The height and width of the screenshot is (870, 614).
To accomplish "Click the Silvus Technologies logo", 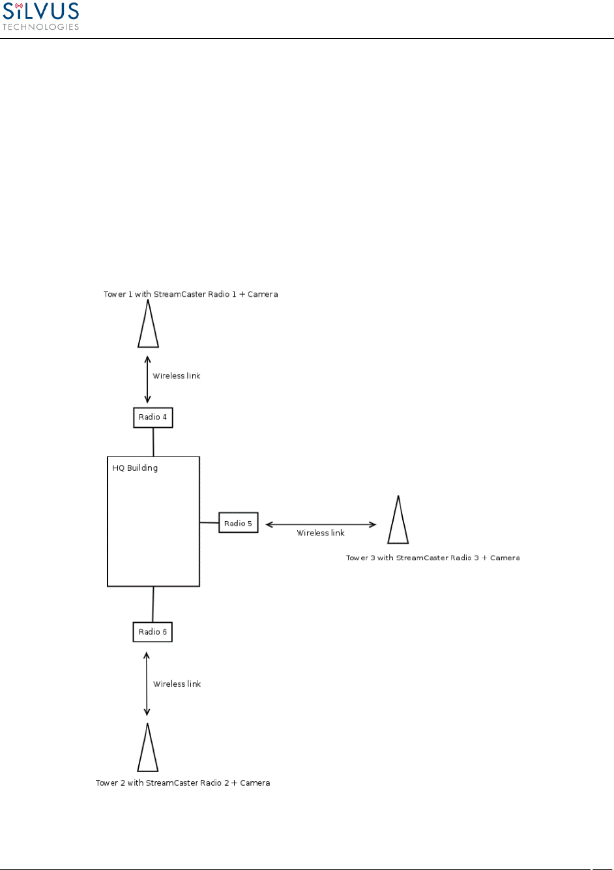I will coord(41,16).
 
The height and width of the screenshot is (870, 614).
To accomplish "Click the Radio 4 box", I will coord(153,417).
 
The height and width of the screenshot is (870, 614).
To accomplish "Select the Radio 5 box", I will coord(239,523).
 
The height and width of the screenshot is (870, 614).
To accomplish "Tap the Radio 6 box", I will coord(153,632).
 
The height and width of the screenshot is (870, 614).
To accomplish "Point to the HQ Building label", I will coord(135,468).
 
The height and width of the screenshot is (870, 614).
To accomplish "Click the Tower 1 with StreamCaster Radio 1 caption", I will coord(191,294).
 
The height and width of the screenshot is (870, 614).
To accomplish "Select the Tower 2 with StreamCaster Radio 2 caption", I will coord(183,783).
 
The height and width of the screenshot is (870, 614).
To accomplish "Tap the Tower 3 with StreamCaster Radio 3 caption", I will coord(433,558).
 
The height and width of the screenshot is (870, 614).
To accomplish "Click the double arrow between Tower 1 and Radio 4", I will coord(148,379).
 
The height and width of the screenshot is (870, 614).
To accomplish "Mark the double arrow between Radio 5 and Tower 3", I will coord(321,524).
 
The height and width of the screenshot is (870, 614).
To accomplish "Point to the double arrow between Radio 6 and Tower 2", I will coord(147,684).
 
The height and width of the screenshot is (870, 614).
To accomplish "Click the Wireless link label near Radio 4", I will coord(177,376).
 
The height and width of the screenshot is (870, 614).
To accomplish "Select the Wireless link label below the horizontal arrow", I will coord(321,533).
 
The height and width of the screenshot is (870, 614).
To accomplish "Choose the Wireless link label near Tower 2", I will coord(177,683).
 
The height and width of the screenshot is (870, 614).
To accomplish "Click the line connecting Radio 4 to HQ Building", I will coord(153,442).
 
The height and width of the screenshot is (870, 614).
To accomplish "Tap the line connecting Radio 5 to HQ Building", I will coord(209,522).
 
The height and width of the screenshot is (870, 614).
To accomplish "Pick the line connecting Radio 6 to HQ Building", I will coord(153,604).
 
